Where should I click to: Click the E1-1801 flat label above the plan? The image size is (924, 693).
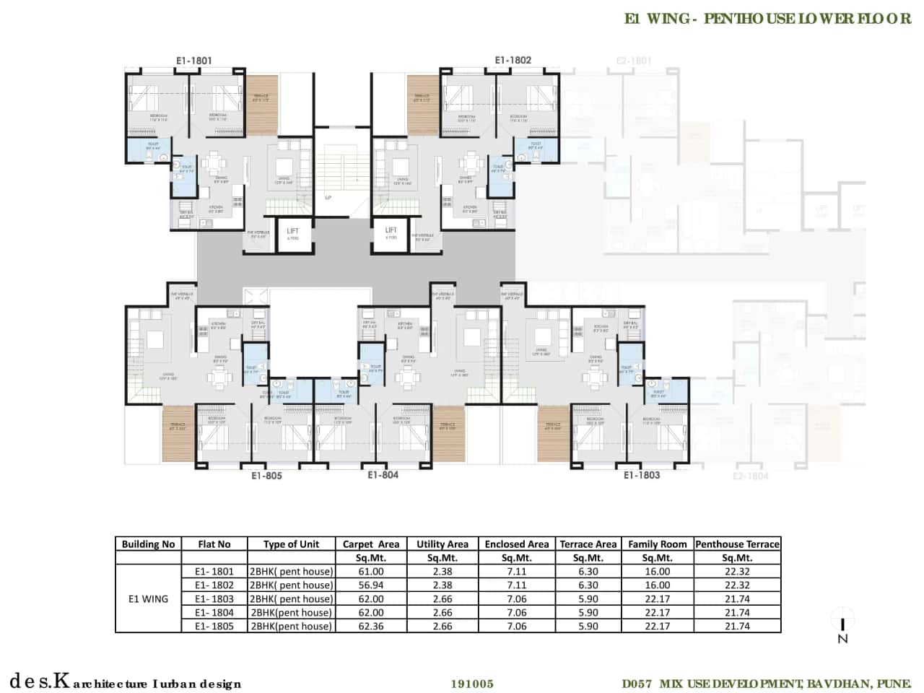194,61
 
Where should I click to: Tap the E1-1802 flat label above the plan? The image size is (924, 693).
513,60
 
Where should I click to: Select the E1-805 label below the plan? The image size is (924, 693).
266,476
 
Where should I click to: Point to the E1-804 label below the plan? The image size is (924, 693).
383,474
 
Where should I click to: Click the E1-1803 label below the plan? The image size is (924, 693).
642,475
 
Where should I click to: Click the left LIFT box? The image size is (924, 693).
293,235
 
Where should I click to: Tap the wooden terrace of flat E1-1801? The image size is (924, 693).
262,105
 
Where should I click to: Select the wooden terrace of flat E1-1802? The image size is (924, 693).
422,105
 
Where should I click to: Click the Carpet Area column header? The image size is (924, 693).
370,544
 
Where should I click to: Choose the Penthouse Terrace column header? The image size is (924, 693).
737,544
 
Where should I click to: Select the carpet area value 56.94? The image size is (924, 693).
370,585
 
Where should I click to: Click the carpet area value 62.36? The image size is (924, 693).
370,627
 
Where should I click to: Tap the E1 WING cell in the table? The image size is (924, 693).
148,598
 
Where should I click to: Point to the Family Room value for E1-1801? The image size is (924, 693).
657,572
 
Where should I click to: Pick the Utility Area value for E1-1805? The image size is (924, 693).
442,627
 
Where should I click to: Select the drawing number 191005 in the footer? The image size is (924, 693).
472,684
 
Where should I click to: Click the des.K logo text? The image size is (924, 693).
40,681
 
